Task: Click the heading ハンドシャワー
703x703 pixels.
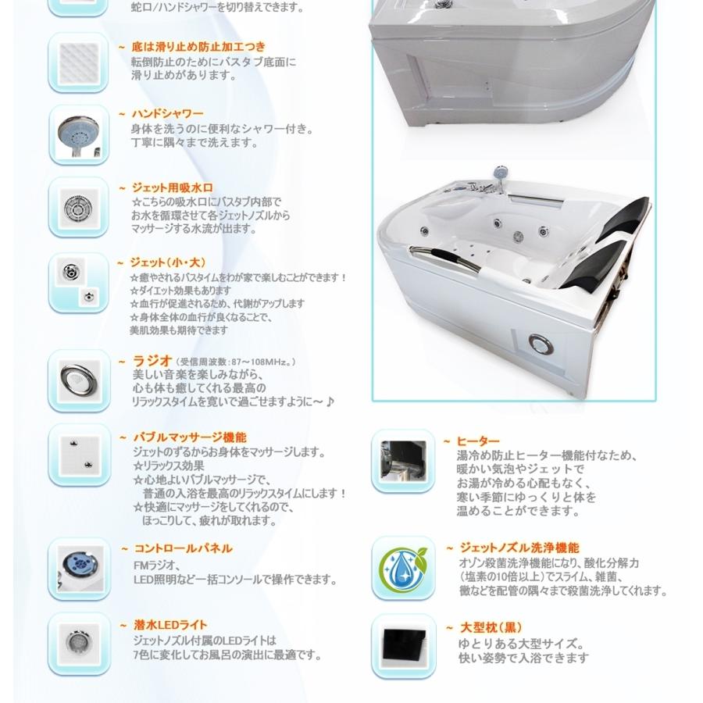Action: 167,114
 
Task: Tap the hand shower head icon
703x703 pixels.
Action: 78,134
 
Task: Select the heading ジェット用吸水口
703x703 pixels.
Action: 172,187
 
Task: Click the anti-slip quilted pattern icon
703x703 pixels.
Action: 78,62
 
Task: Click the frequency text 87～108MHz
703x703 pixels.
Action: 235,362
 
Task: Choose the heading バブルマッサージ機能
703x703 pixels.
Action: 189,437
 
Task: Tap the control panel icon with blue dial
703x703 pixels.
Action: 78,568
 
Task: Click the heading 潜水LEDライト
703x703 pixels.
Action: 170,625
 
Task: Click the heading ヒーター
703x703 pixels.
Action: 478,442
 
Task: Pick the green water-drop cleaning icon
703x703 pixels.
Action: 403,568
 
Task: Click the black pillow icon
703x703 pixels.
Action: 403,645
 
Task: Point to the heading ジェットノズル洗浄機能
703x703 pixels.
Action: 519,548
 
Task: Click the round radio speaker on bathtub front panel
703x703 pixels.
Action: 540,344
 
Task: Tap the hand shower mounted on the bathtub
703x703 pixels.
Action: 500,173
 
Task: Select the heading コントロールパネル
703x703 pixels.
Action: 183,549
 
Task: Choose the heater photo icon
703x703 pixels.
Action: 403,460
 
